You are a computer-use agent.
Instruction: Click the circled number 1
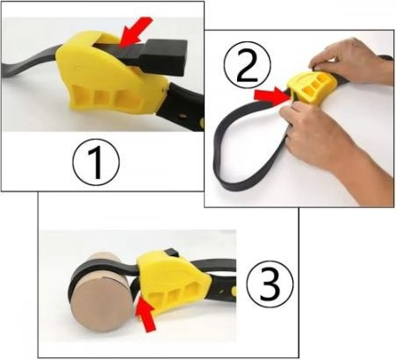pos(96,162)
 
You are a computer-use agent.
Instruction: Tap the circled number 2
pos(248,65)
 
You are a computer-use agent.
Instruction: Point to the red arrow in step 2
pos(271,96)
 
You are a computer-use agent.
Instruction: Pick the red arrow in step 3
pos(146,315)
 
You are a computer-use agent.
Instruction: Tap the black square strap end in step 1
pos(164,56)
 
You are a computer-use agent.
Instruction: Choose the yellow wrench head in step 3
pos(173,282)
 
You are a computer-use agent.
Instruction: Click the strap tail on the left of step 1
pos(29,64)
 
